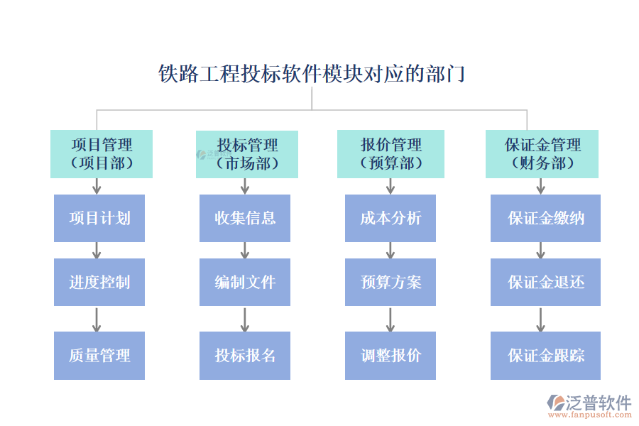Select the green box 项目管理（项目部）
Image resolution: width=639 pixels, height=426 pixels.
[x=102, y=154]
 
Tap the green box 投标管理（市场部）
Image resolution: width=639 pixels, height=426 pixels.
[x=246, y=154]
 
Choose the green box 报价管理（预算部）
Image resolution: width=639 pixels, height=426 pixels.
[x=390, y=154]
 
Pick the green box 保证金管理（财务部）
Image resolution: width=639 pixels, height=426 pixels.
[x=542, y=154]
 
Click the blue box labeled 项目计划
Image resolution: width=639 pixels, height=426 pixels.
[x=99, y=218]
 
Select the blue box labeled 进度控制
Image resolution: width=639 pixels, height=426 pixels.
[x=99, y=282]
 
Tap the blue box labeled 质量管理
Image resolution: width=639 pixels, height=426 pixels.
[x=99, y=355]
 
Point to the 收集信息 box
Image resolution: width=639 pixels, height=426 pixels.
[x=245, y=218]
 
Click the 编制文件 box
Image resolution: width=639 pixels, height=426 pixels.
[x=245, y=282]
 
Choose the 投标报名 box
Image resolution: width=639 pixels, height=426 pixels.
[x=245, y=355]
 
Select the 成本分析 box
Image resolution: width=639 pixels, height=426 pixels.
[x=390, y=218]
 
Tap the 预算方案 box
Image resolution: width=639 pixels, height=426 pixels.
[x=390, y=282]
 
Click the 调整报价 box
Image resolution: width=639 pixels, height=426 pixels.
[x=390, y=355]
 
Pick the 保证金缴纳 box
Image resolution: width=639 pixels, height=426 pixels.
[x=545, y=218]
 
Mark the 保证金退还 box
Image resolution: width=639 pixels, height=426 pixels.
[x=545, y=282]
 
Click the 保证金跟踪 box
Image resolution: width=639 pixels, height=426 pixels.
[x=545, y=355]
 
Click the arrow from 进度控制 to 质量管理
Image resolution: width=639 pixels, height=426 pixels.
[x=97, y=319]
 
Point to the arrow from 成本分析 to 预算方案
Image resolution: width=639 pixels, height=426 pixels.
[x=390, y=250]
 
